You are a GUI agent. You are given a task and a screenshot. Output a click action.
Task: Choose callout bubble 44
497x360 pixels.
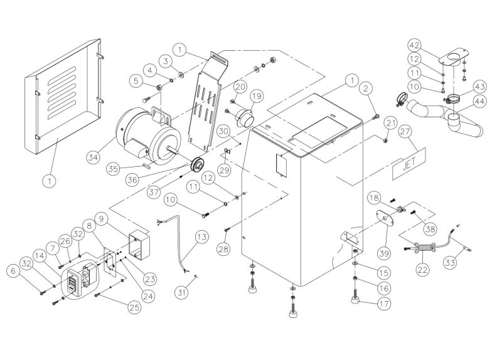[x=480, y=102]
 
